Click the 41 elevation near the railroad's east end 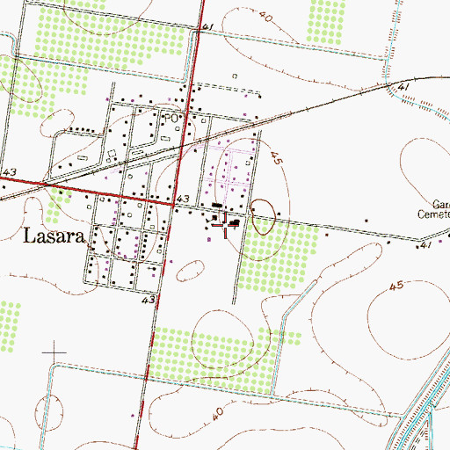[x=404, y=89]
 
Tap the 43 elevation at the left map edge [x=10, y=172]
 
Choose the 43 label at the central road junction [x=183, y=201]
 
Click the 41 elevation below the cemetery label [x=425, y=245]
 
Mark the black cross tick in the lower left [x=54, y=352]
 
